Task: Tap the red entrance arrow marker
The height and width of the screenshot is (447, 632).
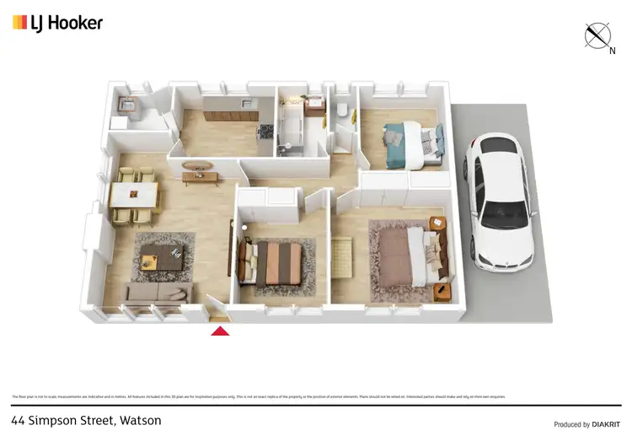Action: pyautogui.click(x=219, y=331)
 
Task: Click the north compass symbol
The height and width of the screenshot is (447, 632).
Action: pyautogui.click(x=598, y=35)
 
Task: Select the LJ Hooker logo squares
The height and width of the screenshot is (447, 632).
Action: pyautogui.click(x=19, y=23)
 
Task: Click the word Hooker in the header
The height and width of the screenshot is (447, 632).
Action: pyautogui.click(x=76, y=23)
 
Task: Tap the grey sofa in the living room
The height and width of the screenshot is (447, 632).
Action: pyautogui.click(x=158, y=293)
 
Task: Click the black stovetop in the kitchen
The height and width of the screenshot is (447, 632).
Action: pyautogui.click(x=265, y=130)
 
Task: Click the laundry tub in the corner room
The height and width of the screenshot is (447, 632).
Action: pyautogui.click(x=127, y=105)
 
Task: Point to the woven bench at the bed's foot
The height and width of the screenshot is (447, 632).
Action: pyautogui.click(x=342, y=256)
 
